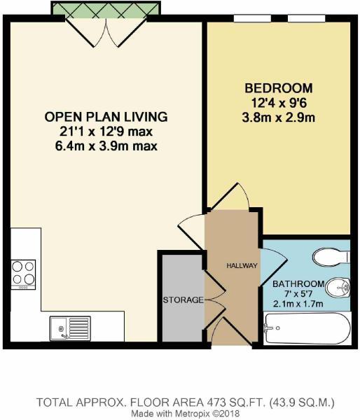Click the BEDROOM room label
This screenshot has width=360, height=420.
(x=278, y=88)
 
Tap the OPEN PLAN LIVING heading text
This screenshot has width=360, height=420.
(x=106, y=115)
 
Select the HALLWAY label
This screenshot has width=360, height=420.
(x=242, y=266)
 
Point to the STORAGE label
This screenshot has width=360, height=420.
(x=183, y=300)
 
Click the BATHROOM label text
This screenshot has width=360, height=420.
(x=299, y=283)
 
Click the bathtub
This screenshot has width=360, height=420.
(x=307, y=328)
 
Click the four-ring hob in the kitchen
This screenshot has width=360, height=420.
(x=23, y=273)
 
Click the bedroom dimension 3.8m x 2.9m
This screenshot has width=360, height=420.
(x=278, y=116)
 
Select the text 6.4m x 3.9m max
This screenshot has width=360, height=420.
(x=106, y=146)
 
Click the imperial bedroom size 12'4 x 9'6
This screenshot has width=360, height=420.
(x=278, y=102)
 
